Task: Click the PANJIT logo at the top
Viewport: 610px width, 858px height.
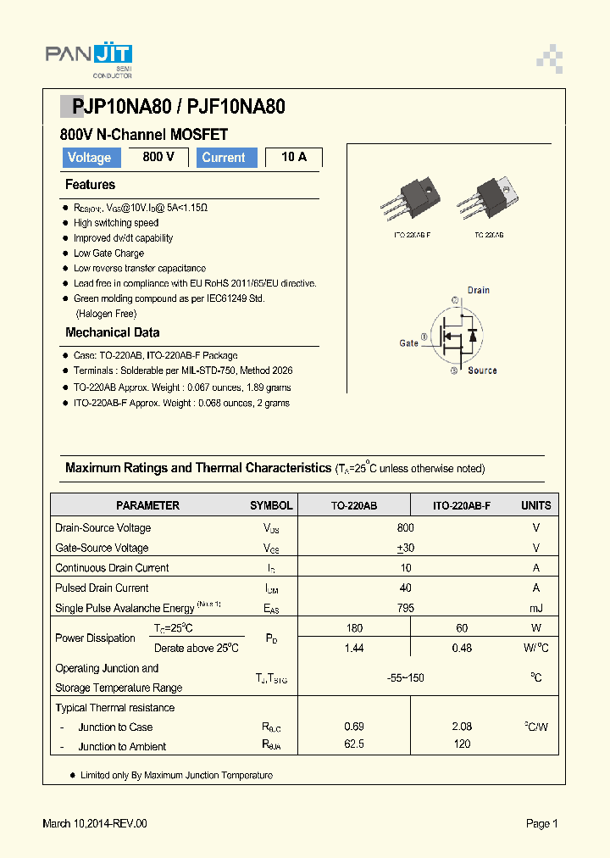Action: pyautogui.click(x=88, y=58)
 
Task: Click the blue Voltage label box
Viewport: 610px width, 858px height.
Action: pyautogui.click(x=89, y=158)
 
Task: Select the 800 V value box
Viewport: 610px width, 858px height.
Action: pyautogui.click(x=158, y=157)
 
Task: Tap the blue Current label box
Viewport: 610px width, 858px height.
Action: pyautogui.click(x=227, y=158)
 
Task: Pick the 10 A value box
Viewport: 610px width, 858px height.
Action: pyautogui.click(x=294, y=157)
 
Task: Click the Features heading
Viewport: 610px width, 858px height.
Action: pyautogui.click(x=90, y=185)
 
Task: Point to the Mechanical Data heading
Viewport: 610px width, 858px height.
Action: pyautogui.click(x=112, y=332)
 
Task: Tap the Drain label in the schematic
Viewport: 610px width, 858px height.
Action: pyautogui.click(x=479, y=290)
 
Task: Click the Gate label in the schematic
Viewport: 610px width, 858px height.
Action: pyautogui.click(x=408, y=343)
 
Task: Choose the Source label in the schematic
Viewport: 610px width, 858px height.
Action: pyautogui.click(x=482, y=370)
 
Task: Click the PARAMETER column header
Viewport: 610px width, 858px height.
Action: pyautogui.click(x=147, y=505)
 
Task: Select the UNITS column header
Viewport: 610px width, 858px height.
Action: pyautogui.click(x=535, y=505)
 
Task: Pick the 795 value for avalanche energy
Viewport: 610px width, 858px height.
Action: pyautogui.click(x=406, y=608)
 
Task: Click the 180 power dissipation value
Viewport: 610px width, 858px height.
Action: pyautogui.click(x=354, y=628)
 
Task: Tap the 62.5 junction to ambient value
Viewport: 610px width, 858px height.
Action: pyautogui.click(x=354, y=746)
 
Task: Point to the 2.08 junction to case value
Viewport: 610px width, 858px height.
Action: pyautogui.click(x=462, y=727)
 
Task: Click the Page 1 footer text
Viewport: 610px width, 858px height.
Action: pyautogui.click(x=541, y=823)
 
